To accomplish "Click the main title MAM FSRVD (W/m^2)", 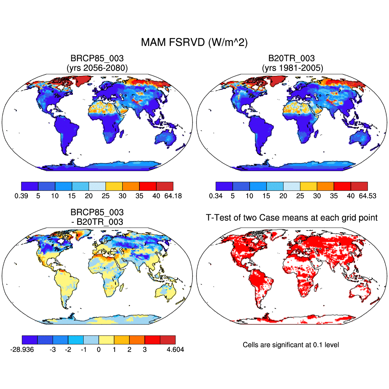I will (x=194, y=43).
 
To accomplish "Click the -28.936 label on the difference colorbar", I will (x=22, y=350).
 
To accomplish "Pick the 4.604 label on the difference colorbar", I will (x=175, y=350).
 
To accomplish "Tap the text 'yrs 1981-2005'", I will (x=292, y=67).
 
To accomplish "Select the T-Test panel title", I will (x=292, y=218).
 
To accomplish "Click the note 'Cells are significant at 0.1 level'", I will (x=291, y=345).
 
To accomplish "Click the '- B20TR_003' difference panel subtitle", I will (x=97, y=222).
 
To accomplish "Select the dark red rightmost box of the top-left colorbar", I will (x=165, y=186).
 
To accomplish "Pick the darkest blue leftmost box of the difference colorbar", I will (x=30, y=340).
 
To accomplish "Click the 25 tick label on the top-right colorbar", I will (x=300, y=196).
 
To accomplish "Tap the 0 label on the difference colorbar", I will (x=99, y=350).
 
